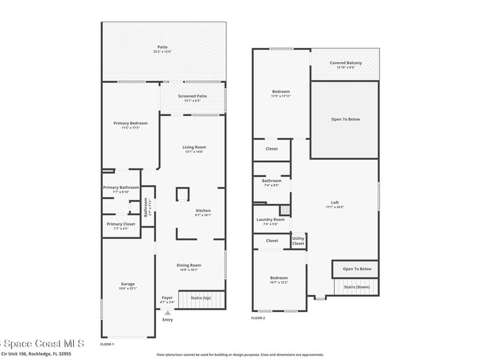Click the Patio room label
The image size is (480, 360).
pos(162,47)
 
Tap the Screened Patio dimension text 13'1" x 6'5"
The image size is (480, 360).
pos(192,101)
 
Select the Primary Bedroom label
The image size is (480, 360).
pos(130,123)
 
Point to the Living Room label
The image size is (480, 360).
pos(194,147)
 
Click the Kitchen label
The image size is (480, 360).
pos(203,210)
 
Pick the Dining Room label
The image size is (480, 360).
pos(189,265)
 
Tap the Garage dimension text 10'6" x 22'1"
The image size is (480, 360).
pos(127,288)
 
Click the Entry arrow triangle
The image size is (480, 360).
pos(167,313)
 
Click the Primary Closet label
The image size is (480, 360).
pos(120,224)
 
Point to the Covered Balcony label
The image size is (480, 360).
pos(345,63)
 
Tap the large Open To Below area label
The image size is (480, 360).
pos(345,119)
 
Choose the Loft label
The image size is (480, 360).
pos(335,202)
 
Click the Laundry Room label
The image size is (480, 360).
pos(270,219)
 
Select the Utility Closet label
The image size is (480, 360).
pos(298,241)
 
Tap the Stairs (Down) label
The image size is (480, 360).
pos(356,287)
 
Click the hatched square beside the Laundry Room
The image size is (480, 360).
pos(285,210)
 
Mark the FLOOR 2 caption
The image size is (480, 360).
pos(258,318)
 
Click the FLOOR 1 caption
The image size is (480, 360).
pos(107,344)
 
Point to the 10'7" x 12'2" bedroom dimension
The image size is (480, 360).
pos(279,282)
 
